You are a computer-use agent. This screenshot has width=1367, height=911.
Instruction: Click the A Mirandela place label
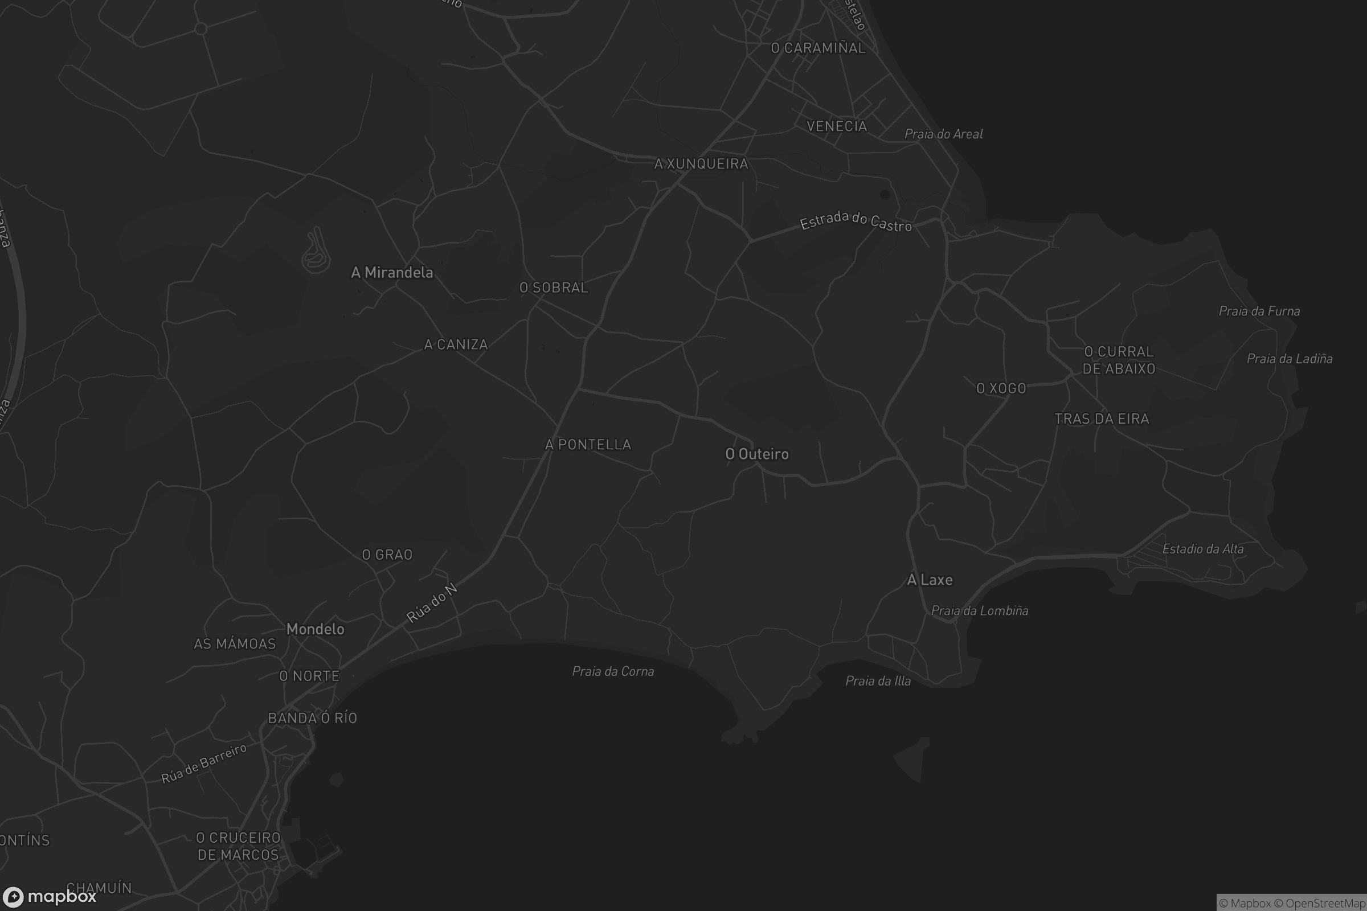(x=392, y=273)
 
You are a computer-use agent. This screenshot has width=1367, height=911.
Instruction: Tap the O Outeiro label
(x=757, y=454)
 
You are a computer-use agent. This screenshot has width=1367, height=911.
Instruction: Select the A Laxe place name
(x=930, y=579)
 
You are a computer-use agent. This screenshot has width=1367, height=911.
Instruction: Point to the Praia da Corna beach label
(x=613, y=671)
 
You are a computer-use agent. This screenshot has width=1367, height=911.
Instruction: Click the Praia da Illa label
(x=878, y=680)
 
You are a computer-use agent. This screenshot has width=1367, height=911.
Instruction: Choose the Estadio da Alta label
(x=1203, y=548)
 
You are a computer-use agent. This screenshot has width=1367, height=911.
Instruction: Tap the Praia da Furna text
(x=1259, y=311)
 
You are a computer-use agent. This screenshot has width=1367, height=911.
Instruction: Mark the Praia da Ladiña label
(x=1290, y=359)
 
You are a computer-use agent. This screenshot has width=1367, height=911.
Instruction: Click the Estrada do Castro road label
(x=856, y=221)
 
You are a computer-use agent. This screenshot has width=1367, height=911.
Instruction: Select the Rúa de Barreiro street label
(x=204, y=763)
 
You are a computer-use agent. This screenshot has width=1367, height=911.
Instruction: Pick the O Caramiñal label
(x=818, y=48)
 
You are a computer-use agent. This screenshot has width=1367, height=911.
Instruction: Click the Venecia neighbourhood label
(x=837, y=126)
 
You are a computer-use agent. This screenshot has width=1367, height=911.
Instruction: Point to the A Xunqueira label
(x=702, y=164)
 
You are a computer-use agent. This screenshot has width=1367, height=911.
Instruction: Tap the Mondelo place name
(x=316, y=629)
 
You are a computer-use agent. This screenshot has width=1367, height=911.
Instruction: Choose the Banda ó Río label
(x=313, y=718)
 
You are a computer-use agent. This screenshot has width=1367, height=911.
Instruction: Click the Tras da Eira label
(x=1102, y=419)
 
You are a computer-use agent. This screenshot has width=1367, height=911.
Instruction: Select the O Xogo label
(x=1001, y=388)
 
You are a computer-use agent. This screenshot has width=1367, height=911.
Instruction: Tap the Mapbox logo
(x=49, y=896)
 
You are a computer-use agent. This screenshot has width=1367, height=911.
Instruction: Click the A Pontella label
(x=588, y=445)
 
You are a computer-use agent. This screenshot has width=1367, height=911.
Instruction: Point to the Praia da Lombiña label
(x=980, y=610)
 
